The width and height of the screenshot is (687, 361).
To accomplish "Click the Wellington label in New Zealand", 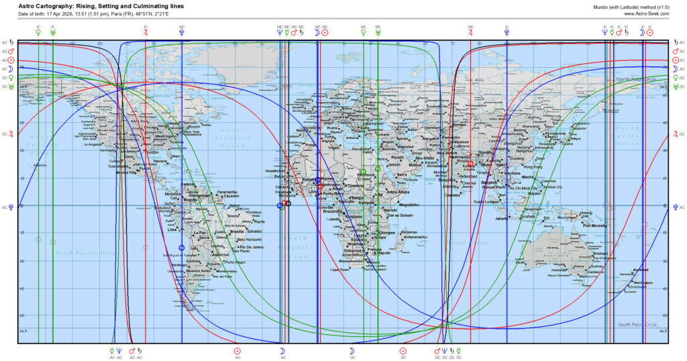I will [x=642, y=283].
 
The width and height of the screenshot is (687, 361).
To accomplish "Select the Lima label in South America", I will [x=171, y=229].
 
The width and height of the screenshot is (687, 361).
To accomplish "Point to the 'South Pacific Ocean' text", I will [x=82, y=253].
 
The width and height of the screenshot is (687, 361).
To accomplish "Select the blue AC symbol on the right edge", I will [x=674, y=207].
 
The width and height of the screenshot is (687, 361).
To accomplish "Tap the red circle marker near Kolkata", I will [x=470, y=164].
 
